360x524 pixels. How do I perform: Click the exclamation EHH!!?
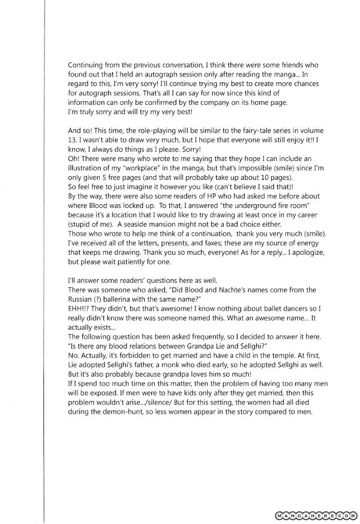click(79, 309)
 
